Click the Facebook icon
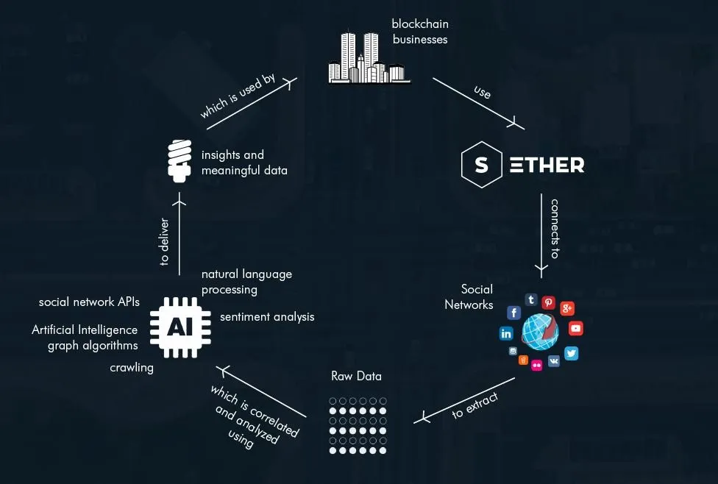click(x=514, y=313)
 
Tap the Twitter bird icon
click(x=572, y=354)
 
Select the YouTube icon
click(x=575, y=329)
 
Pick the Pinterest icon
click(x=549, y=302)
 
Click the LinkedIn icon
click(x=506, y=333)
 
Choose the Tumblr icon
click(x=531, y=299)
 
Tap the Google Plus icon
click(x=567, y=308)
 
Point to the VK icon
click(x=554, y=361)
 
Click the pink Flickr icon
click(x=536, y=365)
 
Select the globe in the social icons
click(x=540, y=332)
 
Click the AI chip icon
click(x=180, y=327)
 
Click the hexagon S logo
click(x=481, y=165)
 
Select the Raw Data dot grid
click(x=358, y=426)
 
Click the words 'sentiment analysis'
click(x=267, y=317)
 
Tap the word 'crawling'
click(x=132, y=367)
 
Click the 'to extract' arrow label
click(x=474, y=405)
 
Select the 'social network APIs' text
click(x=89, y=302)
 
